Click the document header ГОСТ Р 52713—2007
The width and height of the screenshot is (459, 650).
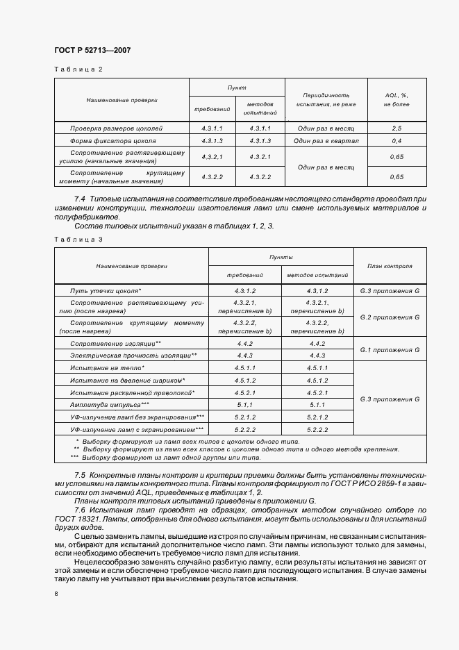pyautogui.click(x=92, y=51)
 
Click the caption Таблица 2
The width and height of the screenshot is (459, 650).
pyautogui.click(x=78, y=69)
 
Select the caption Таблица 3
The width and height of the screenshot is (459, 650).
pyautogui.click(x=78, y=240)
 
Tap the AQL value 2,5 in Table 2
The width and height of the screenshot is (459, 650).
pyautogui.click(x=397, y=128)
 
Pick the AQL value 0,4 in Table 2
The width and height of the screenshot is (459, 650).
pyautogui.click(x=397, y=140)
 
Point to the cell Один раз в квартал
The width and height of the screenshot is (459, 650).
pyautogui.click(x=326, y=140)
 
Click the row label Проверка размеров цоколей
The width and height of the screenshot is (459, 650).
pyautogui.click(x=116, y=128)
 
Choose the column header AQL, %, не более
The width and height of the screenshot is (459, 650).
pyautogui.click(x=397, y=99)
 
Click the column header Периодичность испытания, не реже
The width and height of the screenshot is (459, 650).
pyautogui.click(x=326, y=99)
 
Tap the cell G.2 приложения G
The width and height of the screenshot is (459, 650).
pyautogui.click(x=390, y=317)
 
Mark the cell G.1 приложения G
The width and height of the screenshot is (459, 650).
pyautogui.click(x=390, y=350)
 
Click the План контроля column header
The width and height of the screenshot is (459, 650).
pyautogui.click(x=390, y=265)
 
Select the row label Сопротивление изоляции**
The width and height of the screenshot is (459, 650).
pyautogui.click(x=115, y=344)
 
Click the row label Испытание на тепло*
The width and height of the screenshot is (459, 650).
pyautogui.click(x=107, y=367)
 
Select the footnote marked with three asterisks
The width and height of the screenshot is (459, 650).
pyautogui.click(x=167, y=458)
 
